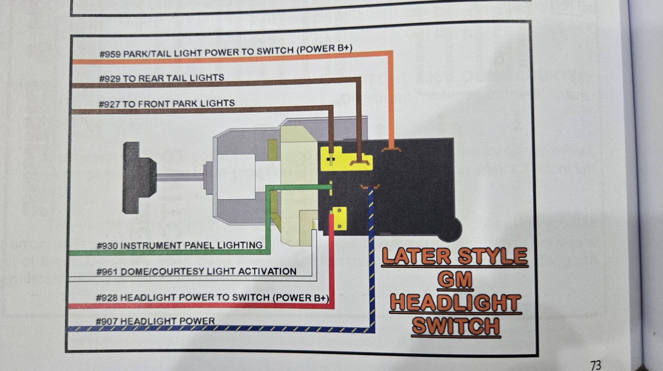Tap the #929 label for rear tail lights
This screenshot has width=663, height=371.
click(x=110, y=79)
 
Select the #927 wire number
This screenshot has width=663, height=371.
click(x=109, y=104)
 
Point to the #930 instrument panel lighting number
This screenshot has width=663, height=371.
click(x=107, y=246)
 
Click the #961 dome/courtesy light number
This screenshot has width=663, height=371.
click(x=107, y=272)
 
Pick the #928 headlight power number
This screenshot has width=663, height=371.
click(x=107, y=298)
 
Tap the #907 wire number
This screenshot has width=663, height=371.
click(x=106, y=322)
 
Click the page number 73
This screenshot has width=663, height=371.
click(x=596, y=365)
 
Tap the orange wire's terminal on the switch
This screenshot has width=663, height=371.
click(x=392, y=149)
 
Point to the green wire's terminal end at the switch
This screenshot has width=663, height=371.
click(x=331, y=188)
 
